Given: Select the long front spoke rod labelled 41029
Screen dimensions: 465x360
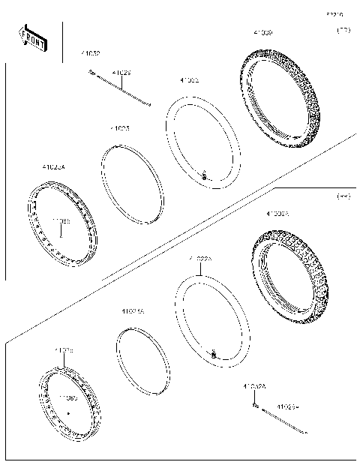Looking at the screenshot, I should pyautogui.click(x=124, y=89).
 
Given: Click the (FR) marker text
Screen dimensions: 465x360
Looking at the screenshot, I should pyautogui.click(x=343, y=31).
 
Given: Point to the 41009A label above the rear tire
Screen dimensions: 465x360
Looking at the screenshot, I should pyautogui.click(x=277, y=214).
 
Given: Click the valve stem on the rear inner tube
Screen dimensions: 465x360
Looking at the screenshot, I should pyautogui.click(x=213, y=352).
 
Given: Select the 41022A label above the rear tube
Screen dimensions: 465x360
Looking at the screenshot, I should pyautogui.click(x=201, y=259).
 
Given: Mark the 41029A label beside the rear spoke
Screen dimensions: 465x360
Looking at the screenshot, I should pyautogui.click(x=288, y=407).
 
